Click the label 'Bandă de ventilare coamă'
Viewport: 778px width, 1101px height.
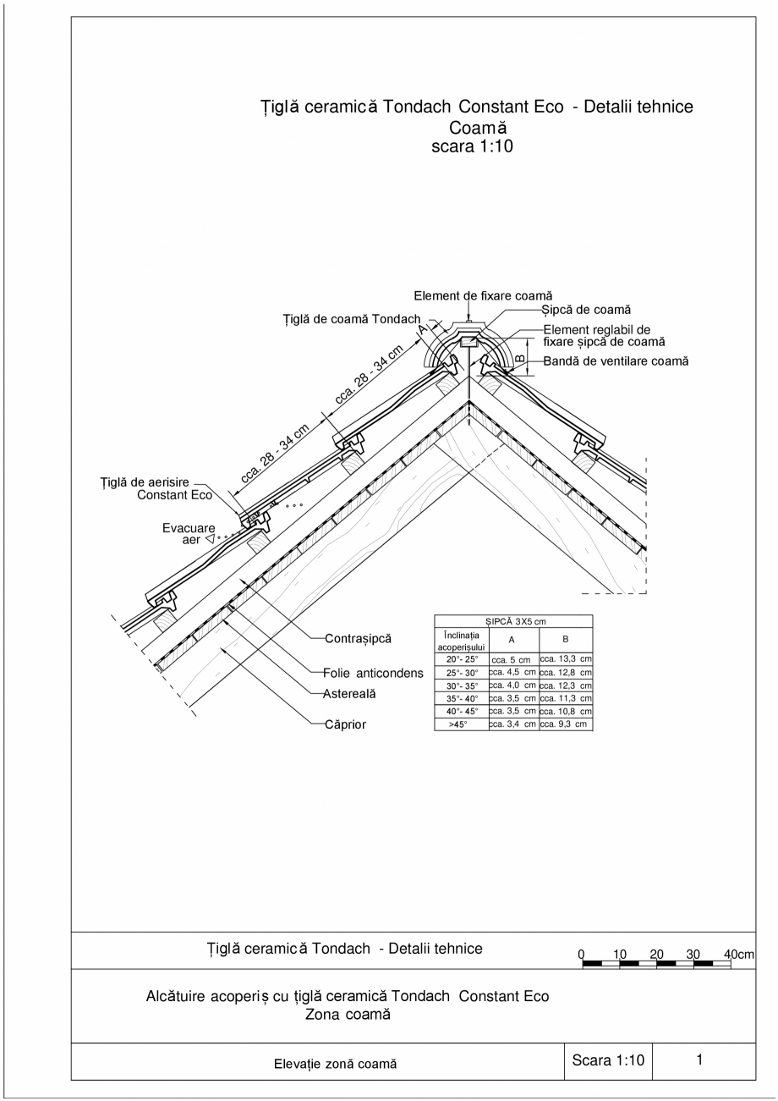pos(616,361)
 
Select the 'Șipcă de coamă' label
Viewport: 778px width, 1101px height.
pos(586,311)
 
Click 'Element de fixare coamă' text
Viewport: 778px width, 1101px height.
pos(483,295)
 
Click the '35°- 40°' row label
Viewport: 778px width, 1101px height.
pos(462,699)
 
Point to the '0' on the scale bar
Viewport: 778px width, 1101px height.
pos(582,955)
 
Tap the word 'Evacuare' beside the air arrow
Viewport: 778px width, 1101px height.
pos(189,528)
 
